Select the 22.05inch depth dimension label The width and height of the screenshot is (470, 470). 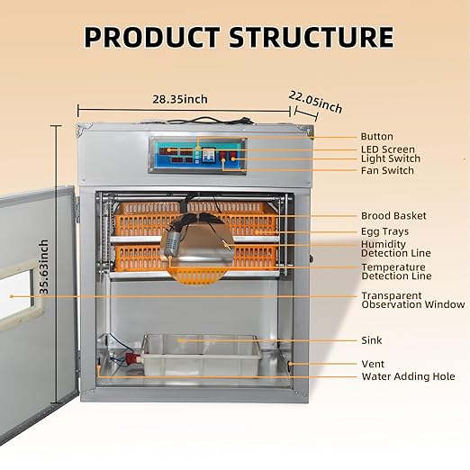pyautogui.click(x=315, y=101)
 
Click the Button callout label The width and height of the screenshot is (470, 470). pyautogui.click(x=376, y=137)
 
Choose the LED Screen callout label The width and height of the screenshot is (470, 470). pyautogui.click(x=388, y=149)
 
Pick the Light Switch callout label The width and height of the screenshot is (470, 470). pyautogui.click(x=391, y=158)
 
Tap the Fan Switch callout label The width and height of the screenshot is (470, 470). pyautogui.click(x=388, y=170)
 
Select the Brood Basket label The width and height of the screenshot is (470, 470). pyautogui.click(x=393, y=216)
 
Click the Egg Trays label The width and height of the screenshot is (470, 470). pyautogui.click(x=384, y=231)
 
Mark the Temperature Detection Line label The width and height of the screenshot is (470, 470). pyautogui.click(x=396, y=272)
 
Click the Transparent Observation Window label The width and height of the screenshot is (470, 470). pyautogui.click(x=413, y=300)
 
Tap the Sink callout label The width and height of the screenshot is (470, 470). pyautogui.click(x=371, y=341)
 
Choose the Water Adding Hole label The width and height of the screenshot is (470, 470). pyautogui.click(x=408, y=376)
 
